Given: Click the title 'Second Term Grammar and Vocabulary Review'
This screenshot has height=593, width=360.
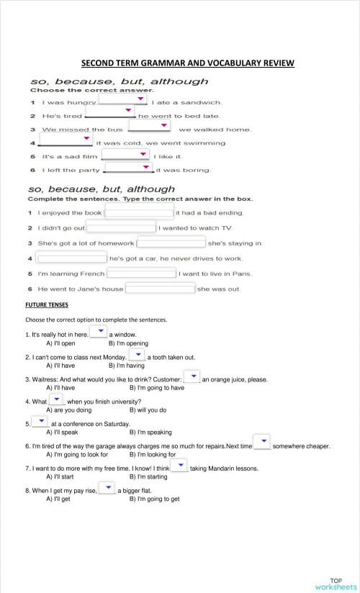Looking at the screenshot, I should pyautogui.click(x=187, y=63).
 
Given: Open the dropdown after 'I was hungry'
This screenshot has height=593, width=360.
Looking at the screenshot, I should pyautogui.click(x=132, y=100).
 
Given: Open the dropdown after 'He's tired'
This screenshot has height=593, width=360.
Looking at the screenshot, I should pyautogui.click(x=110, y=112).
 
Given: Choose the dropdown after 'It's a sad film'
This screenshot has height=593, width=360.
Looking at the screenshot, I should pyautogui.click(x=126, y=154).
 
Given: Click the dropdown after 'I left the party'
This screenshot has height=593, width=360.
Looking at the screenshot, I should pyautogui.click(x=130, y=168).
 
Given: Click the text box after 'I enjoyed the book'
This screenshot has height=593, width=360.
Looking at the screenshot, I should pyautogui.click(x=140, y=212).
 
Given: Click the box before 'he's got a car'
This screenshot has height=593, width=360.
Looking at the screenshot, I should pyautogui.click(x=71, y=258).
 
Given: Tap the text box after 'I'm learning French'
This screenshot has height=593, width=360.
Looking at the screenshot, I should pyautogui.click(x=142, y=273).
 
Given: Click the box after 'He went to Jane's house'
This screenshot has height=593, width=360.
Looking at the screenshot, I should pyautogui.click(x=161, y=289).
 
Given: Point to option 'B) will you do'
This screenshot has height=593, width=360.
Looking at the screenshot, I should pyautogui.click(x=148, y=410).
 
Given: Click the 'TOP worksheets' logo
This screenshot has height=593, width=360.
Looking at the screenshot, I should pyautogui.click(x=336, y=584).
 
